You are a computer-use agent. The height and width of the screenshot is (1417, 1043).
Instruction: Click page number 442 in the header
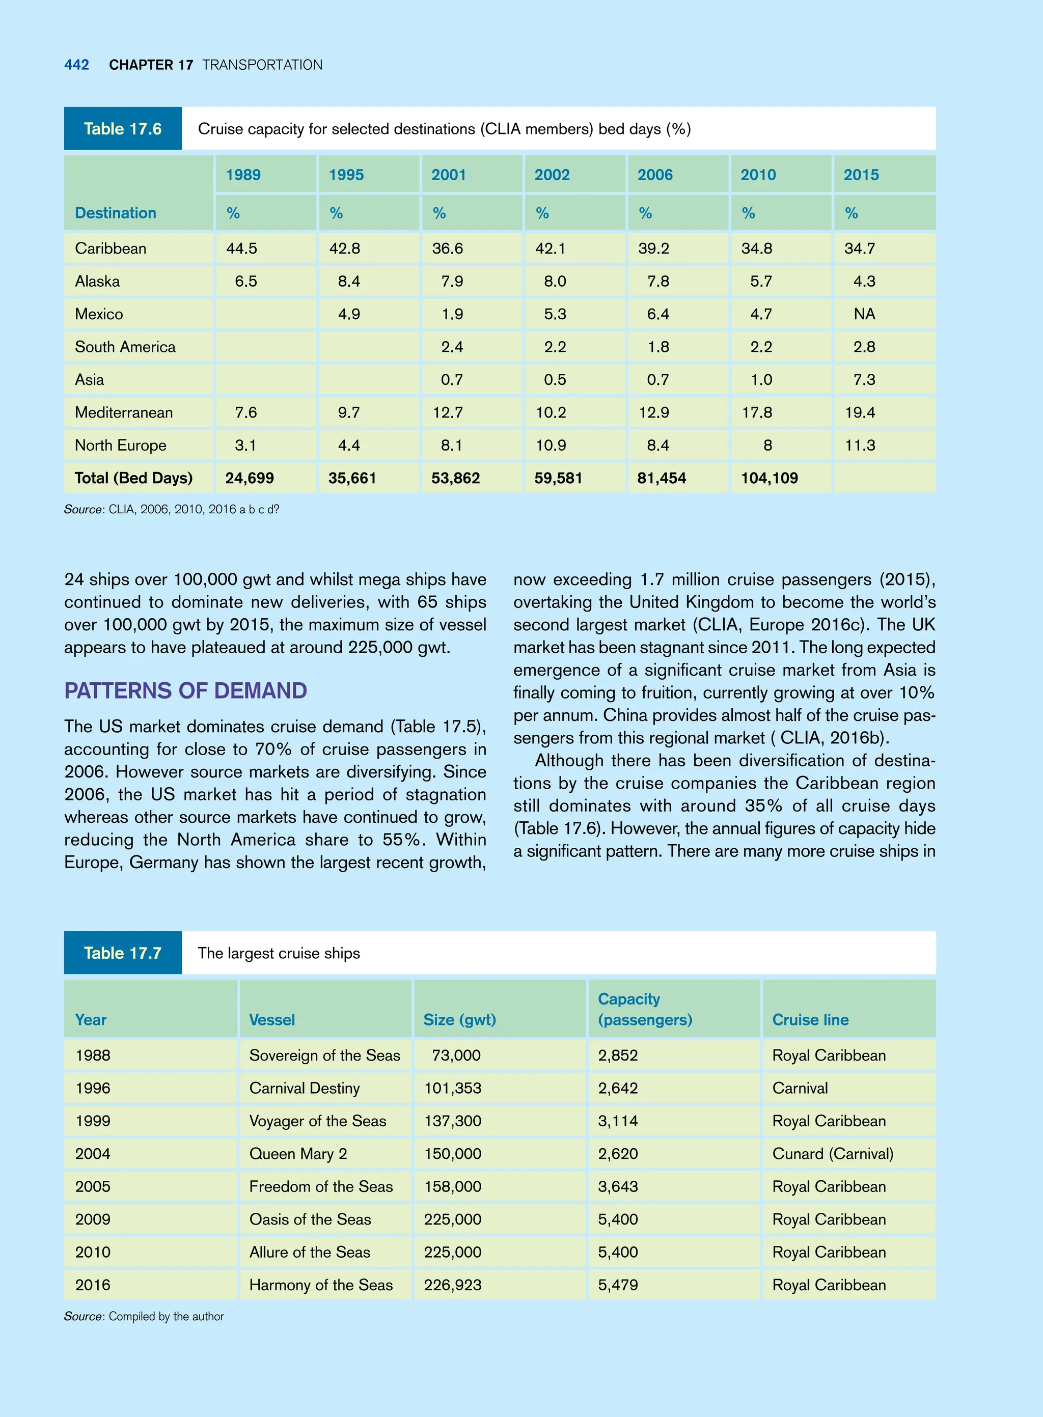pyautogui.click(x=76, y=65)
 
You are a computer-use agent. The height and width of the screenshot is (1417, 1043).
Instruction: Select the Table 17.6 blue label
pyautogui.click(x=123, y=129)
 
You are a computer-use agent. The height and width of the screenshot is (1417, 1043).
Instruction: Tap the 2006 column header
pyautogui.click(x=655, y=175)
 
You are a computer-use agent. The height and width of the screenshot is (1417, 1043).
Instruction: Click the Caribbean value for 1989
pyautogui.click(x=242, y=248)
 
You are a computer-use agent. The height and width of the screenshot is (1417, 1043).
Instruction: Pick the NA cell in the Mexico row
pyautogui.click(x=864, y=314)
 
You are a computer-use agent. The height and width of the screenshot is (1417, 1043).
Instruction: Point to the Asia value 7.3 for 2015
pyautogui.click(x=864, y=380)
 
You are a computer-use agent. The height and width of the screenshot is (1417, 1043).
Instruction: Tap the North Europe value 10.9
pyautogui.click(x=551, y=446)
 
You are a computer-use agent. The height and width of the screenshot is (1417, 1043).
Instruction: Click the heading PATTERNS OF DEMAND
pyautogui.click(x=185, y=690)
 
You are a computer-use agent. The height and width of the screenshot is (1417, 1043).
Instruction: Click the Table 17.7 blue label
pyautogui.click(x=123, y=953)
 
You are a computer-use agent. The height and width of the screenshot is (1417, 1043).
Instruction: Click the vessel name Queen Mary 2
pyautogui.click(x=298, y=1154)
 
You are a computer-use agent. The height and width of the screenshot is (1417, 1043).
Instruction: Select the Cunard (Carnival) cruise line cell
pyautogui.click(x=833, y=1154)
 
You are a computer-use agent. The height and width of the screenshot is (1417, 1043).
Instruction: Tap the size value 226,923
pyautogui.click(x=453, y=1285)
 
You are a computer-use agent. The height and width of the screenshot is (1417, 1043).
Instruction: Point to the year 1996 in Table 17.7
pyautogui.click(x=93, y=1088)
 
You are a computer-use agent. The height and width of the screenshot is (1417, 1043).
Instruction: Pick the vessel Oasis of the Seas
pyautogui.click(x=310, y=1219)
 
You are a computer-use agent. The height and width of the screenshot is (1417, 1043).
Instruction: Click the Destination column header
pyautogui.click(x=116, y=213)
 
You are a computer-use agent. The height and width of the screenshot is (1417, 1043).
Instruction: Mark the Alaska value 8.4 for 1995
pyautogui.click(x=348, y=282)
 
